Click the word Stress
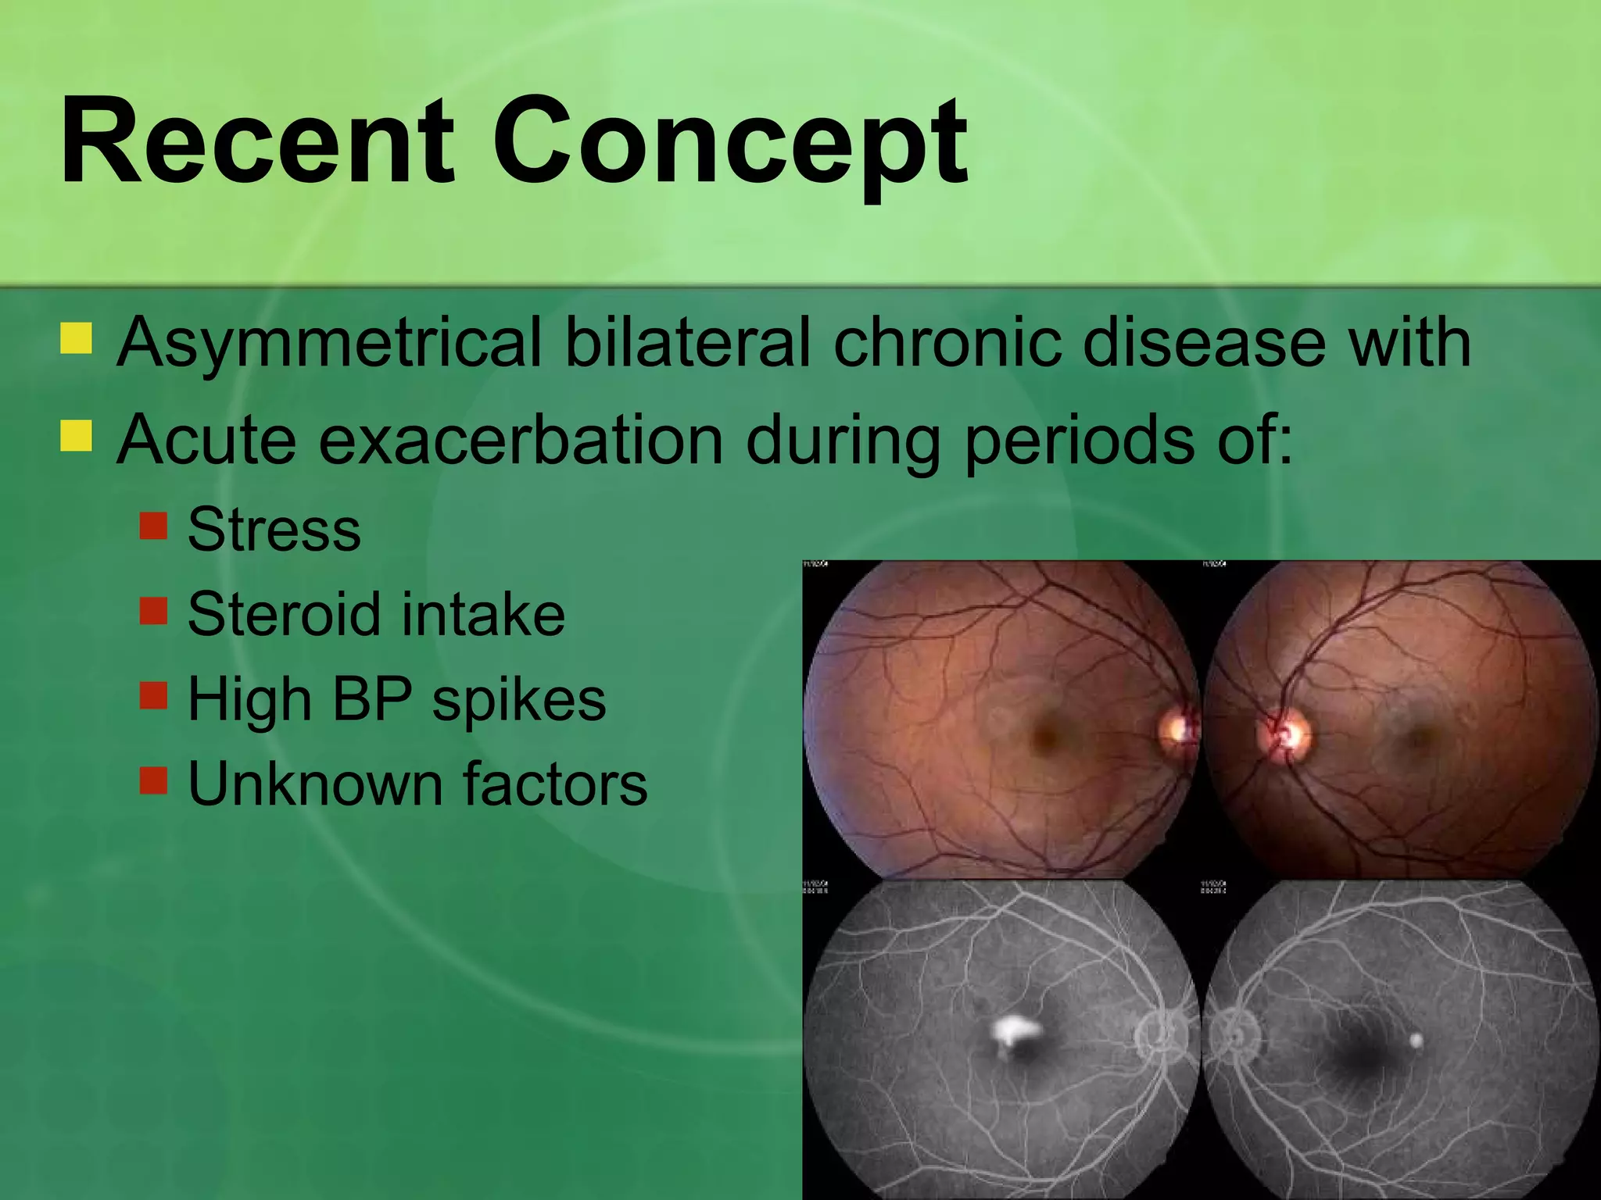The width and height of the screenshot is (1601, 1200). pos(274,530)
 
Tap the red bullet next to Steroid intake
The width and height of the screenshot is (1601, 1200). pos(154,611)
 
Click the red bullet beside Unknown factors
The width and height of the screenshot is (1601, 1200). pos(154,780)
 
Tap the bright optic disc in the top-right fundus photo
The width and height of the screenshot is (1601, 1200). pos(1285,734)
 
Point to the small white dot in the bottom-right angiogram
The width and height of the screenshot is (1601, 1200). pos(1416,1040)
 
